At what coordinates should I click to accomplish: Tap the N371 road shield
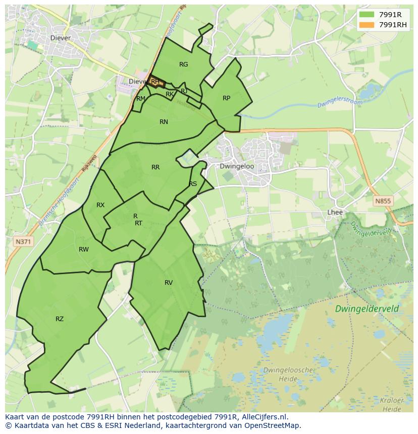pyautogui.click(x=23, y=242)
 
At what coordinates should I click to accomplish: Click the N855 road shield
pyautogui.click(x=383, y=201)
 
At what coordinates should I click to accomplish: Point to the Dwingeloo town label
pyautogui.click(x=237, y=166)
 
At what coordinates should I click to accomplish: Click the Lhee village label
pyautogui.click(x=335, y=212)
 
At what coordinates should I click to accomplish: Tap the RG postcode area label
pyautogui.click(x=183, y=64)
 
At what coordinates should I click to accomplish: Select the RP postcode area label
pyautogui.click(x=226, y=98)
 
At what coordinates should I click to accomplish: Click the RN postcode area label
pyautogui.click(x=164, y=121)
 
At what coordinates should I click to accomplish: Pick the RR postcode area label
pyautogui.click(x=155, y=167)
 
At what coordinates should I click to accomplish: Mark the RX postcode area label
pyautogui.click(x=100, y=205)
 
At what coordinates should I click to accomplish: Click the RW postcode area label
pyautogui.click(x=84, y=249)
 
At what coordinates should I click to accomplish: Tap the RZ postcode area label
pyautogui.click(x=60, y=319)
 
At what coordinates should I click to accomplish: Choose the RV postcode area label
pyautogui.click(x=169, y=282)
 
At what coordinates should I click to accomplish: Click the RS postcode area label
pyautogui.click(x=193, y=183)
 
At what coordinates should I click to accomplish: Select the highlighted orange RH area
pyautogui.click(x=155, y=82)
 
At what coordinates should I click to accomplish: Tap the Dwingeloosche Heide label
pyautogui.click(x=288, y=374)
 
